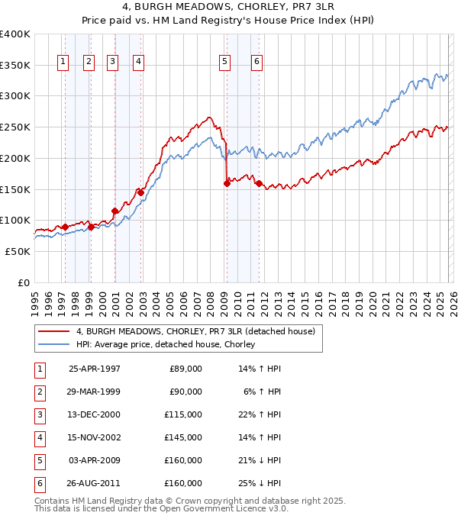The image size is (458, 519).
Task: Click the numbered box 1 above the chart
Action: pos(63,63)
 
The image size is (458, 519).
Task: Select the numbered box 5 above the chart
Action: pos(225,63)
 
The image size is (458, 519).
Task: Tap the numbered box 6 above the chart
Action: pos(256,63)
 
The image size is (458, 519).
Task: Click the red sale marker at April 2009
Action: pos(227,183)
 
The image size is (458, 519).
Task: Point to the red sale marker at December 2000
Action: pos(114,211)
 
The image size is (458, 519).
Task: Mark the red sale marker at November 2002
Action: pos(140,192)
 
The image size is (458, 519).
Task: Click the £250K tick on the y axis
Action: pos(15,127)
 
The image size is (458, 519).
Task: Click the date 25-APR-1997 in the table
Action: pos(94,369)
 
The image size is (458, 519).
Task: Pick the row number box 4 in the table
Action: pos(39,437)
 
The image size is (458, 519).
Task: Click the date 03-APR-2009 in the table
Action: pos(94,460)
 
